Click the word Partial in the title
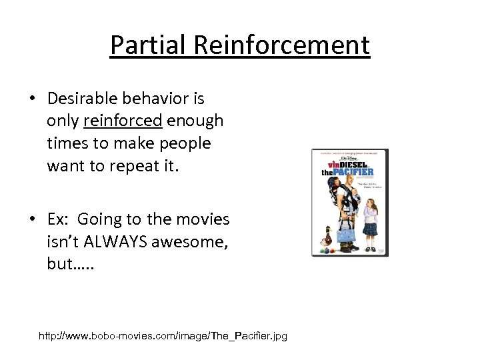point(150,45)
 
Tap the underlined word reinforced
point(123,121)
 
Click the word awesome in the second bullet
point(190,241)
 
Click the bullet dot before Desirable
point(32,99)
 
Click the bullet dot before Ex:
point(32,219)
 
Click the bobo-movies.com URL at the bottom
point(163,336)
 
